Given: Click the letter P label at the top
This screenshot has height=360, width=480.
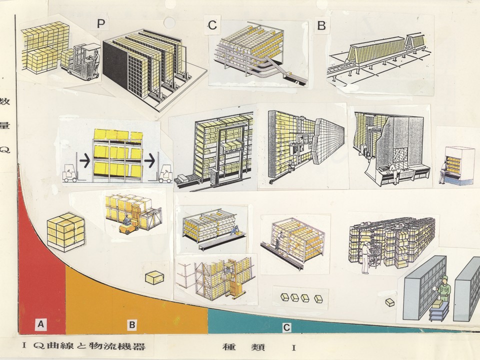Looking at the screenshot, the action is point(100,23).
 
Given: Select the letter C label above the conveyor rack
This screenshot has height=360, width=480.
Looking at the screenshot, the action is point(212,25).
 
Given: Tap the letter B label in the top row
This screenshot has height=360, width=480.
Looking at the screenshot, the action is point(321,25).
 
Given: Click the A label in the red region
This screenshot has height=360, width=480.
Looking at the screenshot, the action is point(40,323).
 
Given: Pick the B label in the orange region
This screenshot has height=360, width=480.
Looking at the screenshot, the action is point(132,324).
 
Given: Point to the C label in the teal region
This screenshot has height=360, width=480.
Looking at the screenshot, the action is point(286,327).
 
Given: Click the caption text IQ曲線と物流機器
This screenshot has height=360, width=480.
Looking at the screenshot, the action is point(83,346).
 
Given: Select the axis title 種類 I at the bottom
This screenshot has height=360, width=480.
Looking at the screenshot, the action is point(259,347).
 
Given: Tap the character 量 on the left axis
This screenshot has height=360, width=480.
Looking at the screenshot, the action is point(5,125).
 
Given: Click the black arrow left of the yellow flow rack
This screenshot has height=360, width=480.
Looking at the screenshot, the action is point(85,161).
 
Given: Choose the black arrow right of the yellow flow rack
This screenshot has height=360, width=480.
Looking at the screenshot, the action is point(149,161).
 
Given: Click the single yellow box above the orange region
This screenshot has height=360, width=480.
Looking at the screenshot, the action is point(154,277).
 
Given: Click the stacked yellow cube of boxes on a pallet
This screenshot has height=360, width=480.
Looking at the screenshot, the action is point(66,232).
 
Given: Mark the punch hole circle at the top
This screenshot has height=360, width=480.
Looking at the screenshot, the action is point(169,22).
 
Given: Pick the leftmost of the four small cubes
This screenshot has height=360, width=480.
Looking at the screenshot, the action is point(284,297).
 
